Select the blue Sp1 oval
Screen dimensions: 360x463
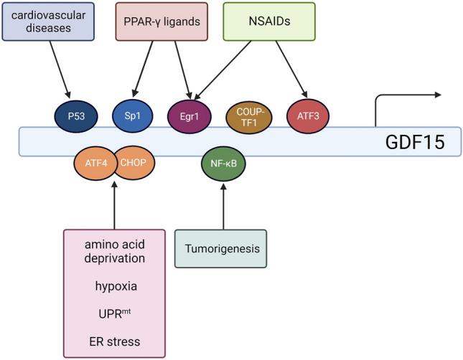click(x=131, y=115)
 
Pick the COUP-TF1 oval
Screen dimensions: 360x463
click(x=245, y=115)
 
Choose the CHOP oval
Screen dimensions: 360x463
click(x=133, y=163)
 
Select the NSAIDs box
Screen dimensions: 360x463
click(x=268, y=20)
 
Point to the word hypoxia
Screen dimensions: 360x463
click(x=115, y=286)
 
